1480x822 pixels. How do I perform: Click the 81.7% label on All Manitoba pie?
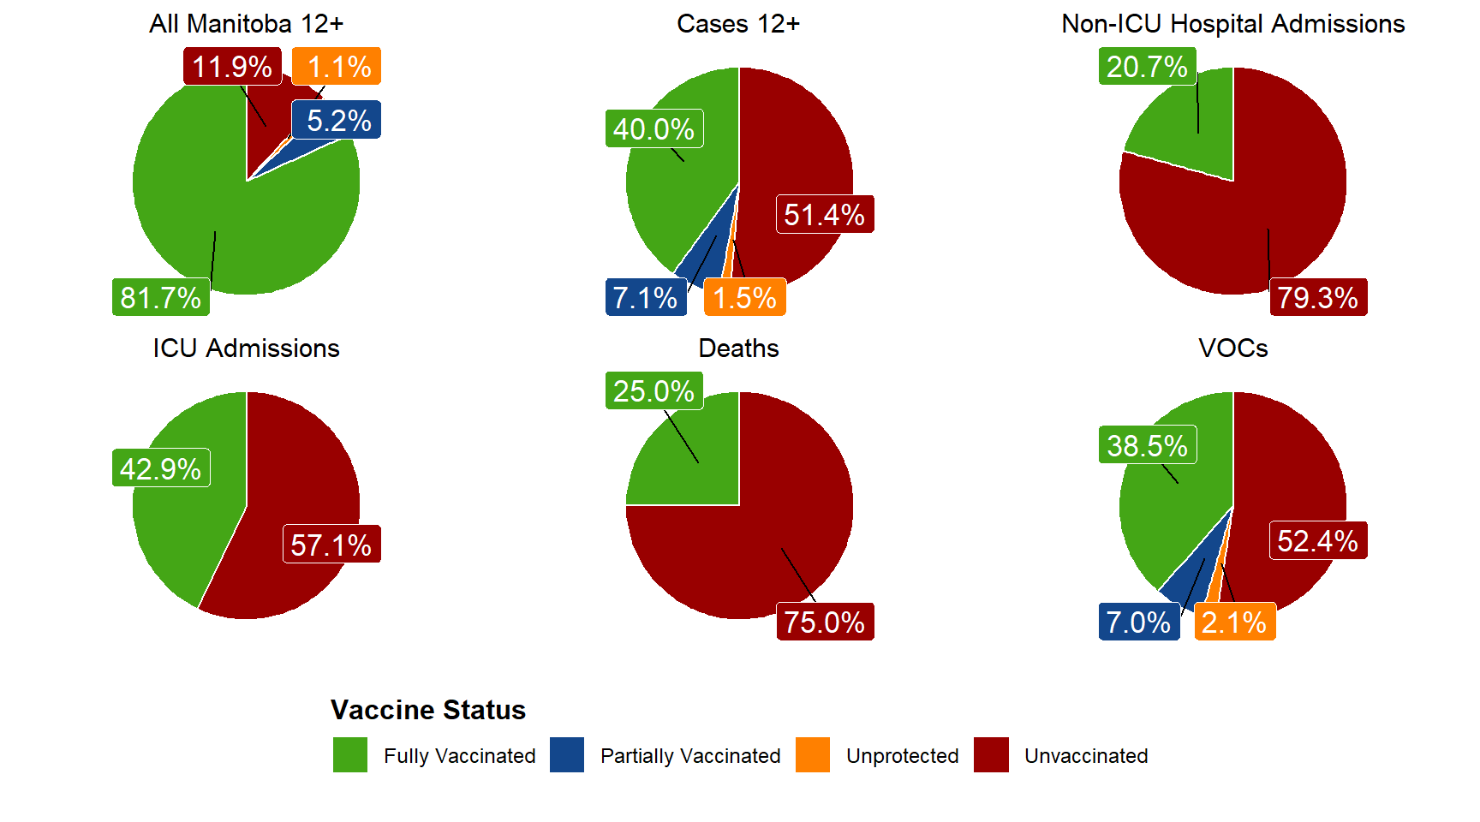coord(161,297)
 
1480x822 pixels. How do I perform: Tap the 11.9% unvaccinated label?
coord(232,66)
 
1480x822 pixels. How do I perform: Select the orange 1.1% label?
coord(337,66)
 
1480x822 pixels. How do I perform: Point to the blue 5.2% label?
coord(337,120)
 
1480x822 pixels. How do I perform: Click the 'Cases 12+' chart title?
coord(738,24)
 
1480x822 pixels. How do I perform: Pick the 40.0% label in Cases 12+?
coord(654,128)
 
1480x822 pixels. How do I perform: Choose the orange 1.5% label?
coord(745,297)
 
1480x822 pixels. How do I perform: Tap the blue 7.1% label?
coord(646,297)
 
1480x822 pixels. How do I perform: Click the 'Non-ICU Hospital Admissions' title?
coord(1232,24)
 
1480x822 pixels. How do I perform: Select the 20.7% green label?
coord(1148,66)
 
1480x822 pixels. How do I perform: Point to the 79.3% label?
coord(1318,297)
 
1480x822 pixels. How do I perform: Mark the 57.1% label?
coord(331,545)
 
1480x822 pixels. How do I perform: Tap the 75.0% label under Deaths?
coord(825,622)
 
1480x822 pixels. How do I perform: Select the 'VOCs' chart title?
coord(1232,348)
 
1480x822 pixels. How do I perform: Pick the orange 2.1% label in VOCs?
coord(1235,622)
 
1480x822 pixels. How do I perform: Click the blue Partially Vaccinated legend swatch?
coord(567,755)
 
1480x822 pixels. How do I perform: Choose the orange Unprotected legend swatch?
coord(813,755)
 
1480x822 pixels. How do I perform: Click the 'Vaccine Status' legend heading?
coord(428,710)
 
